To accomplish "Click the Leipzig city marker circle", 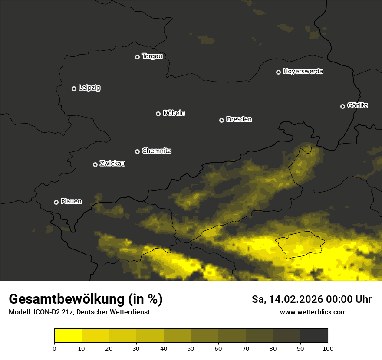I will click(74, 88).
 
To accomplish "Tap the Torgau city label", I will click(152, 56).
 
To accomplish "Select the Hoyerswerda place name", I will click(303, 72).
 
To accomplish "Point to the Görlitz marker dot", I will click(342, 106).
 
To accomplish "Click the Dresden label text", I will click(239, 119).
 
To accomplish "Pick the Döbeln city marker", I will click(158, 114).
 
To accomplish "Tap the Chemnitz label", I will click(157, 151).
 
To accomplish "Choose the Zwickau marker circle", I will click(95, 164).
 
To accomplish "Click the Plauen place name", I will click(71, 201).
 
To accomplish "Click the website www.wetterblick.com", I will click(313, 312).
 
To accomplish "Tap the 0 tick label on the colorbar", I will click(54, 348).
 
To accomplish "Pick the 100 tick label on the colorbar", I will click(328, 348).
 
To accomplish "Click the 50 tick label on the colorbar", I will click(191, 348).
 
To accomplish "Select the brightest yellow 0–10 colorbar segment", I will click(68, 335).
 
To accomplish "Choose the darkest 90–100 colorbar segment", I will click(314, 335).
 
